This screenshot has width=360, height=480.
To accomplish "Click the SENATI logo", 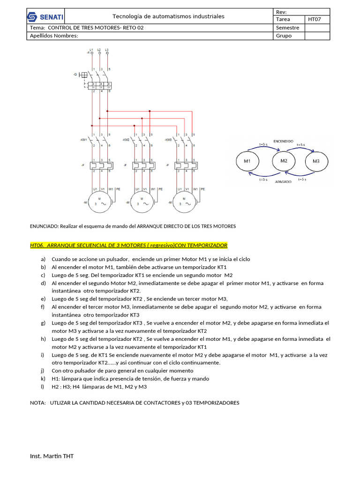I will tap(45, 17).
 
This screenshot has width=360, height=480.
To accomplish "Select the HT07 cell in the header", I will tap(314, 19).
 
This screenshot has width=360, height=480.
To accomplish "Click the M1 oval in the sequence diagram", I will tap(247, 161).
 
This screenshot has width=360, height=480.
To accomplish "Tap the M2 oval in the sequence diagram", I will tap(284, 161).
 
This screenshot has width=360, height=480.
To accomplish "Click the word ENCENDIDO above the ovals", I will tap(284, 141).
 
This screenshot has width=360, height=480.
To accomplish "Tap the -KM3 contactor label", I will tap(169, 140).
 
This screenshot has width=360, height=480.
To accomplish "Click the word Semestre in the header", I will tap(288, 28).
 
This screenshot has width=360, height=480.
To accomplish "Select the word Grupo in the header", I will tap(284, 36).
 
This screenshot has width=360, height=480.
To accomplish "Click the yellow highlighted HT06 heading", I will tap(128, 245).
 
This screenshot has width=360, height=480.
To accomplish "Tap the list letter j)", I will tap(43, 371).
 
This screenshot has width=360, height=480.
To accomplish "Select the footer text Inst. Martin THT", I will tap(52, 456).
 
